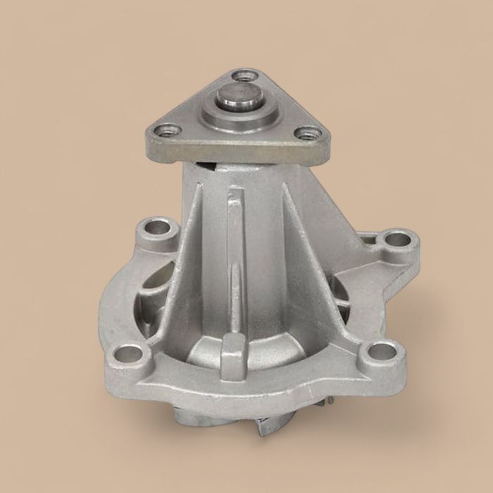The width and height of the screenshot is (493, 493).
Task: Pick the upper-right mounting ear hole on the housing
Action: pyautogui.click(x=397, y=239)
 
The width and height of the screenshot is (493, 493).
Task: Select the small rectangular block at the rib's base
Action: pyautogui.click(x=233, y=356)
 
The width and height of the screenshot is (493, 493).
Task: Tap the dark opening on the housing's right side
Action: pyautogui.click(x=340, y=296)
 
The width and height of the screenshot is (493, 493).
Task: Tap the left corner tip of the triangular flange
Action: pyautogui.click(x=149, y=134)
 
